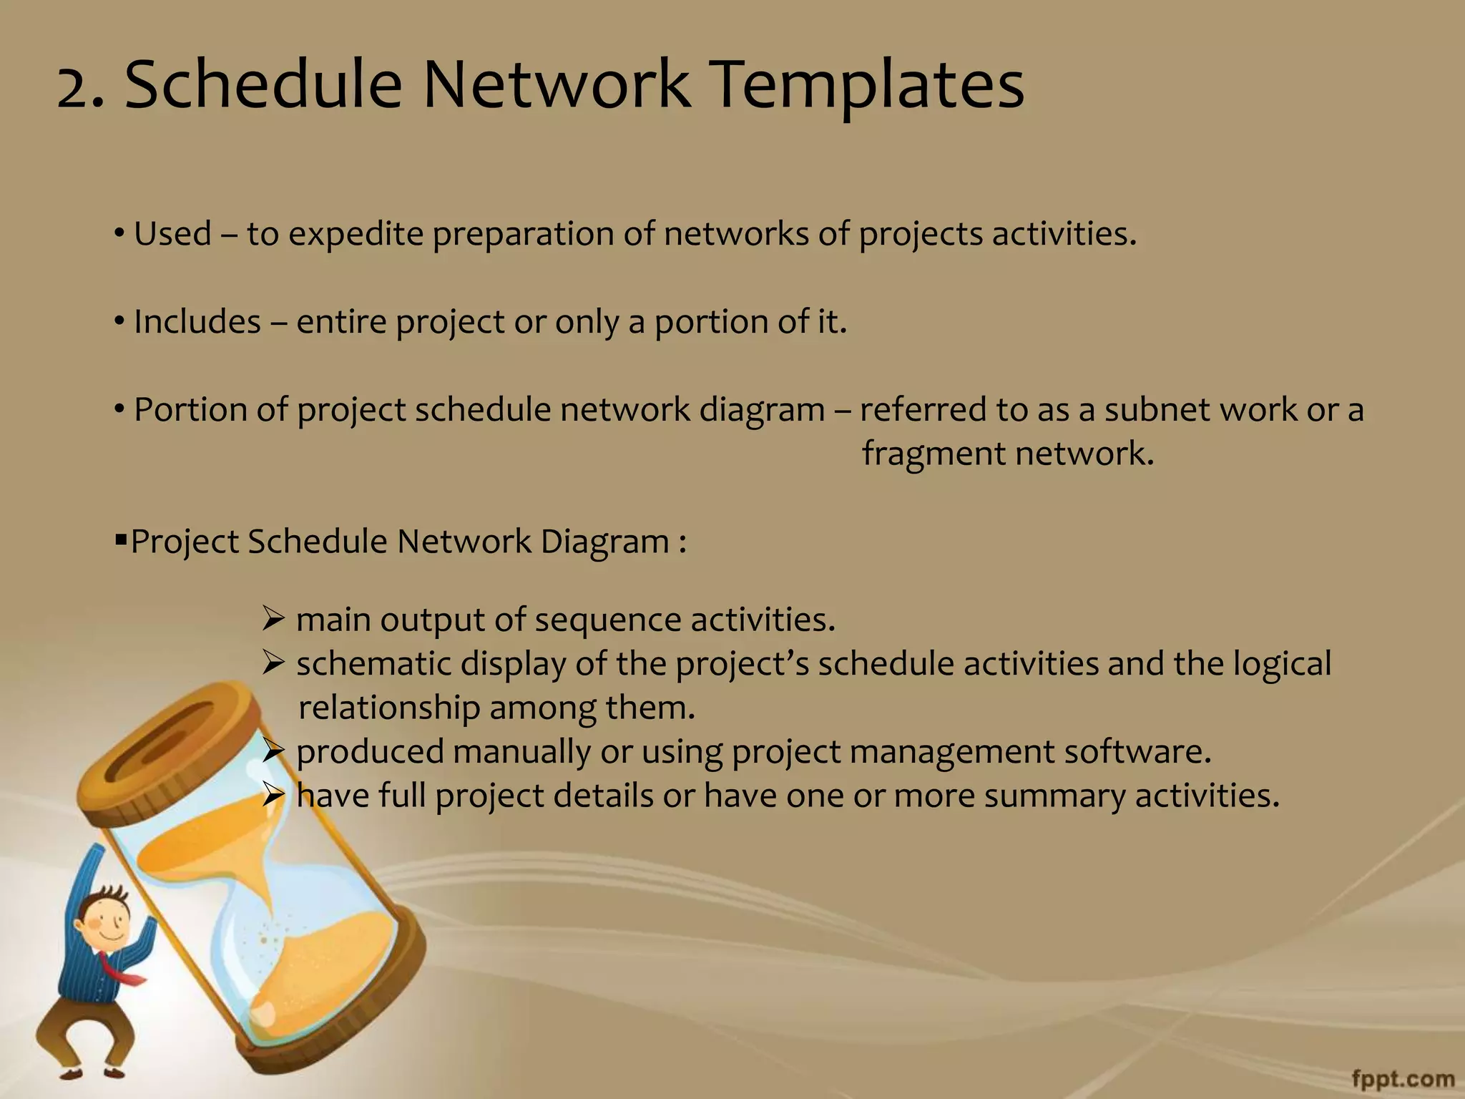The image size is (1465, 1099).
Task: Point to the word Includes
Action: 197,322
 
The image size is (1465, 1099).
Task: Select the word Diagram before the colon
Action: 604,541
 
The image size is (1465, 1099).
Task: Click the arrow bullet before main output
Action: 273,617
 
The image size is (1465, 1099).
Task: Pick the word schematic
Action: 373,663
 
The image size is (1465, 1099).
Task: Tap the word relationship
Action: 388,708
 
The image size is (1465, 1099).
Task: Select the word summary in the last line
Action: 1054,796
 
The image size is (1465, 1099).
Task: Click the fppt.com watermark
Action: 1403,1078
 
